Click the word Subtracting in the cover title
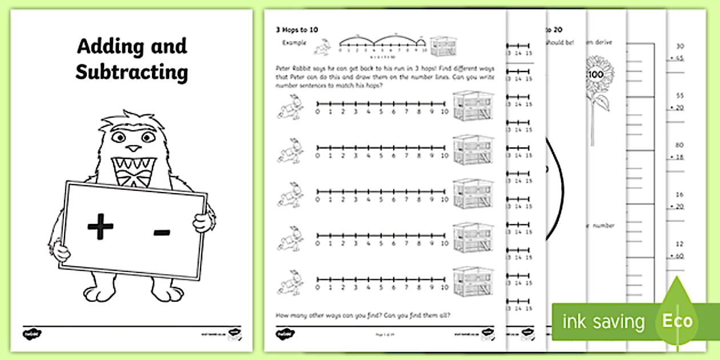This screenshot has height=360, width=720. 131,73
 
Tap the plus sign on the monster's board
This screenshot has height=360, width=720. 101,228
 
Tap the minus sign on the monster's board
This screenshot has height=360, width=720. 162,232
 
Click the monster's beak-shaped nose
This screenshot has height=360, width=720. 133,148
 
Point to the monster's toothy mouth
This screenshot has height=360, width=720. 132,170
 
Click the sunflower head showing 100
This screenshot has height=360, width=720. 598,75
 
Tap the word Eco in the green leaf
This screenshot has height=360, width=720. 677,321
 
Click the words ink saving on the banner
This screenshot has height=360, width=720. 603,322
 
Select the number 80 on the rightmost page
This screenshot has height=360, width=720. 679,145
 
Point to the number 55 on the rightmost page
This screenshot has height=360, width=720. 679,96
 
